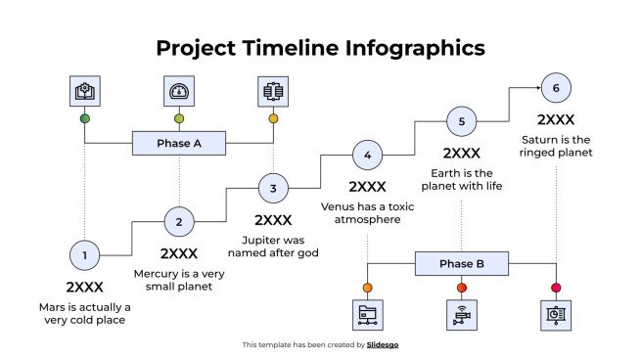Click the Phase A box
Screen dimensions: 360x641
(179, 144)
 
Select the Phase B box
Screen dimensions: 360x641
(461, 264)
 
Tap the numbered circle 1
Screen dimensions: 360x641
(85, 256)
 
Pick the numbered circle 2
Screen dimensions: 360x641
(179, 222)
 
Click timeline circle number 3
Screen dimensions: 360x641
(273, 188)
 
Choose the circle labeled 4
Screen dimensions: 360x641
(367, 155)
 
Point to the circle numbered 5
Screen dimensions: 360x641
(461, 121)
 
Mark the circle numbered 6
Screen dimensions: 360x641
(555, 89)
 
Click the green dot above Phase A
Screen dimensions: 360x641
(85, 119)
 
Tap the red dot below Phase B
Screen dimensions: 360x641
(461, 288)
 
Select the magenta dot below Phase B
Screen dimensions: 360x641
(555, 288)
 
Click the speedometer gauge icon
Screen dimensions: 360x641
(179, 92)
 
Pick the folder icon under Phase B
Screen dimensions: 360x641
(367, 315)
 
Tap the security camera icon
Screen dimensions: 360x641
(461, 315)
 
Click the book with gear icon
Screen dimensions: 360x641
(85, 92)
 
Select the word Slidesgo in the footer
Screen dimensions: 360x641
(383, 344)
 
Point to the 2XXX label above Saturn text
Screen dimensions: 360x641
(555, 119)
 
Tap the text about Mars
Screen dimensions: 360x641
(85, 313)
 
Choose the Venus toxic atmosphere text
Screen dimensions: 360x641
(367, 213)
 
